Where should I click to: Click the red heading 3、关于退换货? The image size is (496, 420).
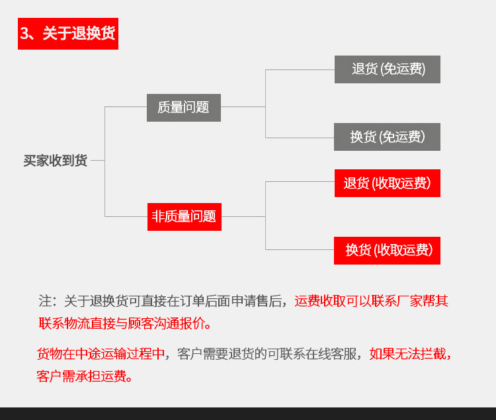point(68,34)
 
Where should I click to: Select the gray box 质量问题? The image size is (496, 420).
point(184,108)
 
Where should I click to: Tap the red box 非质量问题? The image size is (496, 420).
point(185,217)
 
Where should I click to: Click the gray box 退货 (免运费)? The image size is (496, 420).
point(388,69)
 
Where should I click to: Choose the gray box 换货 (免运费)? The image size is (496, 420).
point(387,137)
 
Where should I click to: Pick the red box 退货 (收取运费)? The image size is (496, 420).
point(388,183)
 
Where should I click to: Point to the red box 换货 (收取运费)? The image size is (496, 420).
point(387,251)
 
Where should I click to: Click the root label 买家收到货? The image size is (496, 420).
point(56,161)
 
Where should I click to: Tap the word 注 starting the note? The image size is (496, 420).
point(45,301)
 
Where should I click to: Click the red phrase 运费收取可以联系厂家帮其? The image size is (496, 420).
point(372,301)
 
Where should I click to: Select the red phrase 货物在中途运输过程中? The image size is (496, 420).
point(101,354)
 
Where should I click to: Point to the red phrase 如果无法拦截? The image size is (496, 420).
point(407,354)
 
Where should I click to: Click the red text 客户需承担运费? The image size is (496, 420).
point(81,376)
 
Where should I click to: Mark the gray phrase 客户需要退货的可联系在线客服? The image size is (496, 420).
point(267,354)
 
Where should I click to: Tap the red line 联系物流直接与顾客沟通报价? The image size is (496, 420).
point(122,323)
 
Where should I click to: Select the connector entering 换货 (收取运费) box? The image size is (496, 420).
point(300,249)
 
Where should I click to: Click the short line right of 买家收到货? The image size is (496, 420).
point(98,160)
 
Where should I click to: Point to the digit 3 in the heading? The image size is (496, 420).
point(24,33)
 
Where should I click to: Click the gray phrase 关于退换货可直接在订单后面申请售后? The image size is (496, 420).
point(173,301)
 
